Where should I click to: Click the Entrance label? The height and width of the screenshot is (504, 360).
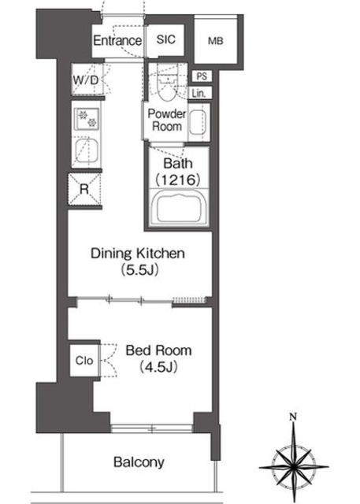(117, 40)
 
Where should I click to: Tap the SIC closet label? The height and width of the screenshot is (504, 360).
(166, 39)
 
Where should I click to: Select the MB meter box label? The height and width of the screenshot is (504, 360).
(215, 41)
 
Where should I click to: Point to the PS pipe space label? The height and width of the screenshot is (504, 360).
(202, 76)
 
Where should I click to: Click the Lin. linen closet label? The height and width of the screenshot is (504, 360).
(199, 93)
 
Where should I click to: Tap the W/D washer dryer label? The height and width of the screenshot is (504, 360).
(86, 80)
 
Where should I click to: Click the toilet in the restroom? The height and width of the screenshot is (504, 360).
(167, 87)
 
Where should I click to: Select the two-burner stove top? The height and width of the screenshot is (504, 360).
(87, 119)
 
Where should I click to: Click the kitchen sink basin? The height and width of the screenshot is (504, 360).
(86, 151)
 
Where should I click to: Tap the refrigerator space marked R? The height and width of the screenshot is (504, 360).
(84, 189)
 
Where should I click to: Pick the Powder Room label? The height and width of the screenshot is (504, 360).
(167, 120)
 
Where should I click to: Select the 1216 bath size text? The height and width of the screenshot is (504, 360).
(178, 180)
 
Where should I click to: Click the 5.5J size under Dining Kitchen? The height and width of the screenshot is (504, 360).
(139, 270)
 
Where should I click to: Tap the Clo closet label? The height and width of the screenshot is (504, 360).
(84, 361)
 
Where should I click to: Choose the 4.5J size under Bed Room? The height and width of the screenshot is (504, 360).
(158, 367)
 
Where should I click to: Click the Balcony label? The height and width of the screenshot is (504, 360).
(139, 462)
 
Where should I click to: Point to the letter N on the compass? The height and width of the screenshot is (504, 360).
(292, 417)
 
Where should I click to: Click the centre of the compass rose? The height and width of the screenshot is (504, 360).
(293, 466)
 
